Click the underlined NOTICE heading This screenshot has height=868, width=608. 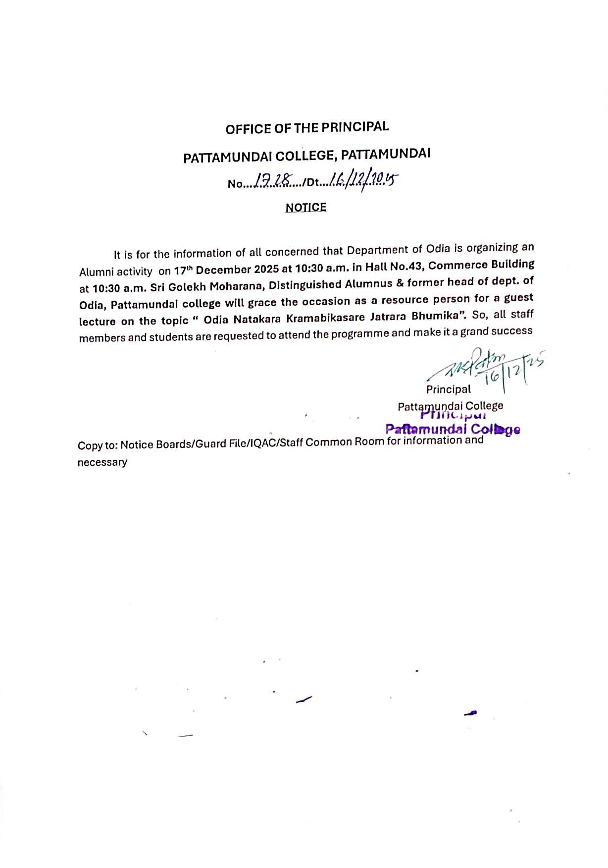click(305, 208)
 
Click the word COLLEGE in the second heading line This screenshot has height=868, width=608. click(305, 156)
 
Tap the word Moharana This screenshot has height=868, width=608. click(236, 286)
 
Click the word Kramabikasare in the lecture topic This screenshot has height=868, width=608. click(325, 318)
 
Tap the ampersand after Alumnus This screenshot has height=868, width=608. click(400, 283)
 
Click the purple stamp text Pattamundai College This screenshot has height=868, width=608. click(453, 429)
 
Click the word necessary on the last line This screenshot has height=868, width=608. click(102, 462)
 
